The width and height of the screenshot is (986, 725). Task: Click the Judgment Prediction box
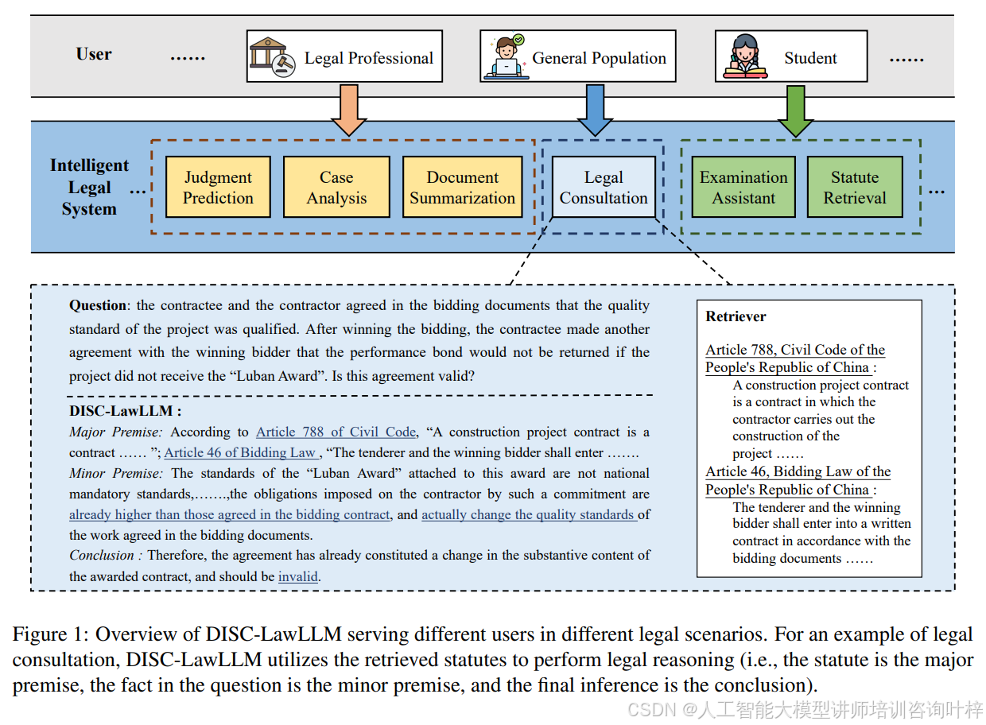pos(218,188)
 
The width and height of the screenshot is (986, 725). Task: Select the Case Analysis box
pos(336,188)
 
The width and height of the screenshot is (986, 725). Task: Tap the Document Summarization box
pos(462,188)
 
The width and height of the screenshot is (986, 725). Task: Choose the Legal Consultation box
pos(604,188)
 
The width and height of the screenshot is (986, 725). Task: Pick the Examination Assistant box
pos(743,188)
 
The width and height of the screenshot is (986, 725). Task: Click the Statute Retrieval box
pos(855,188)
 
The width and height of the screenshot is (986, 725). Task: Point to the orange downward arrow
pos(348,109)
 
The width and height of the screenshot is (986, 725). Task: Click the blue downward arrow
pos(594,109)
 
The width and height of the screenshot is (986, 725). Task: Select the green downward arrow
pos(795,109)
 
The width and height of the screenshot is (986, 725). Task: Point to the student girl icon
pos(745,57)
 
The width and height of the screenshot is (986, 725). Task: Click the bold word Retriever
pos(736,316)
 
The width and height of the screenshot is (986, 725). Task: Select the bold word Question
pos(98,305)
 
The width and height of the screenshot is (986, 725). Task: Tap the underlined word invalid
pos(298,576)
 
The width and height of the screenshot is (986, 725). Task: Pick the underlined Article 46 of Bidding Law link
pos(239,452)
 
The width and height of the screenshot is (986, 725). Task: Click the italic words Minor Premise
pos(116,473)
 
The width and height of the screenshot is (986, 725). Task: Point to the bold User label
pos(94,54)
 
